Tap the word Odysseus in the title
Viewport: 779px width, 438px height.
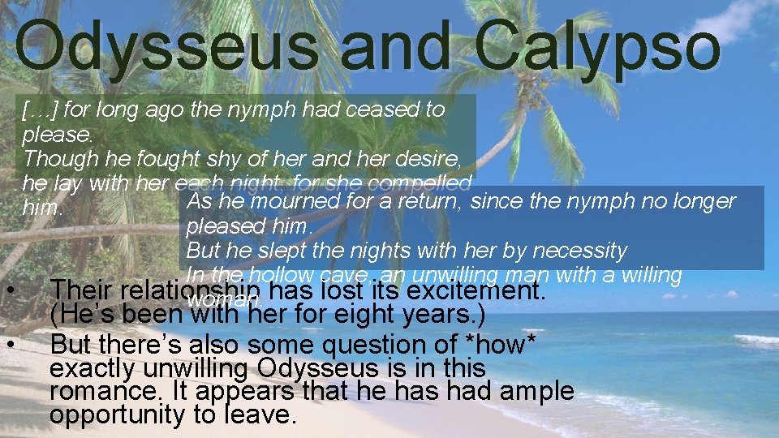[166, 46]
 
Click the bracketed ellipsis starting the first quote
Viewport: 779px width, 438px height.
[41, 109]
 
